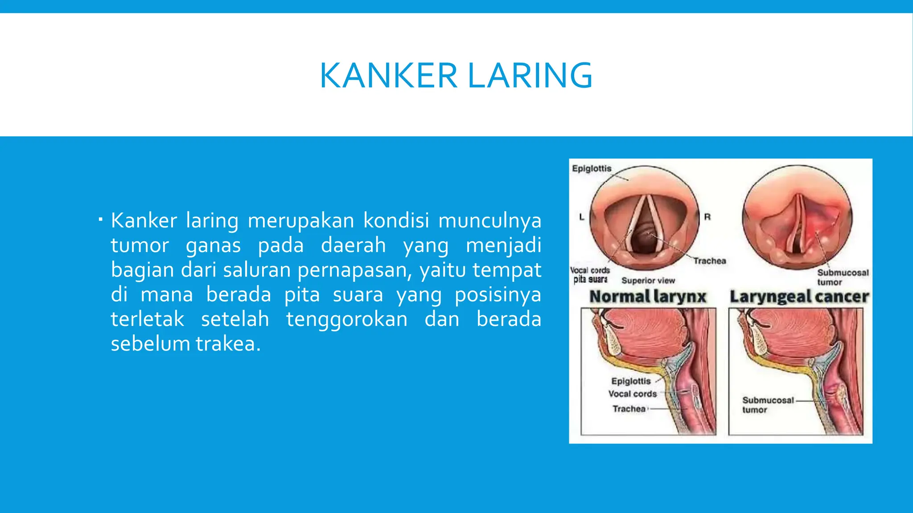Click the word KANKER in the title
tap(388, 76)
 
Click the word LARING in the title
tap(530, 76)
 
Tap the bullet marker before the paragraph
tap(101, 220)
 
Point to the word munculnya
tap(489, 221)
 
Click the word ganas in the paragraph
tap(213, 246)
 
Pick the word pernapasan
tap(354, 270)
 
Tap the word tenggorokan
tap(347, 320)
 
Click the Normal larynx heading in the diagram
tap(648, 297)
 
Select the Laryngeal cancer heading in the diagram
tap(799, 297)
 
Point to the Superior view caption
tap(648, 281)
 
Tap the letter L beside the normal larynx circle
tap(581, 217)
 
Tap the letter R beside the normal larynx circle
tap(707, 217)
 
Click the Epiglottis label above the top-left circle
tap(592, 168)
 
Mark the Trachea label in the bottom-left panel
tap(629, 409)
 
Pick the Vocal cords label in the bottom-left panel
tap(633, 394)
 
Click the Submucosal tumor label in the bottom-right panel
tap(767, 405)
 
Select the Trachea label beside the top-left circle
tap(709, 261)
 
